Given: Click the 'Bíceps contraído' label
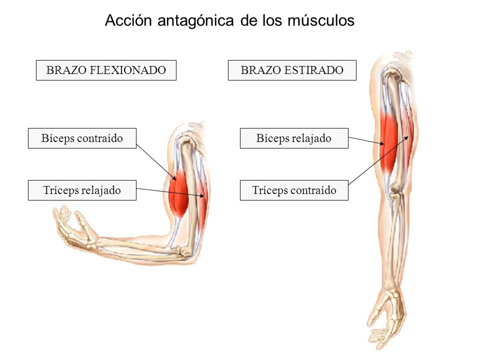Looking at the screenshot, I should pos(82,138).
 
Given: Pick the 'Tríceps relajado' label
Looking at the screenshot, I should pos(82,190).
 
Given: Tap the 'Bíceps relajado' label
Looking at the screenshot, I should pos(294,138).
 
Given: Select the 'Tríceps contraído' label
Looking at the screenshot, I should pos(294,190).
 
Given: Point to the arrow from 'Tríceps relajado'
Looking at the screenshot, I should pos(170,192).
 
